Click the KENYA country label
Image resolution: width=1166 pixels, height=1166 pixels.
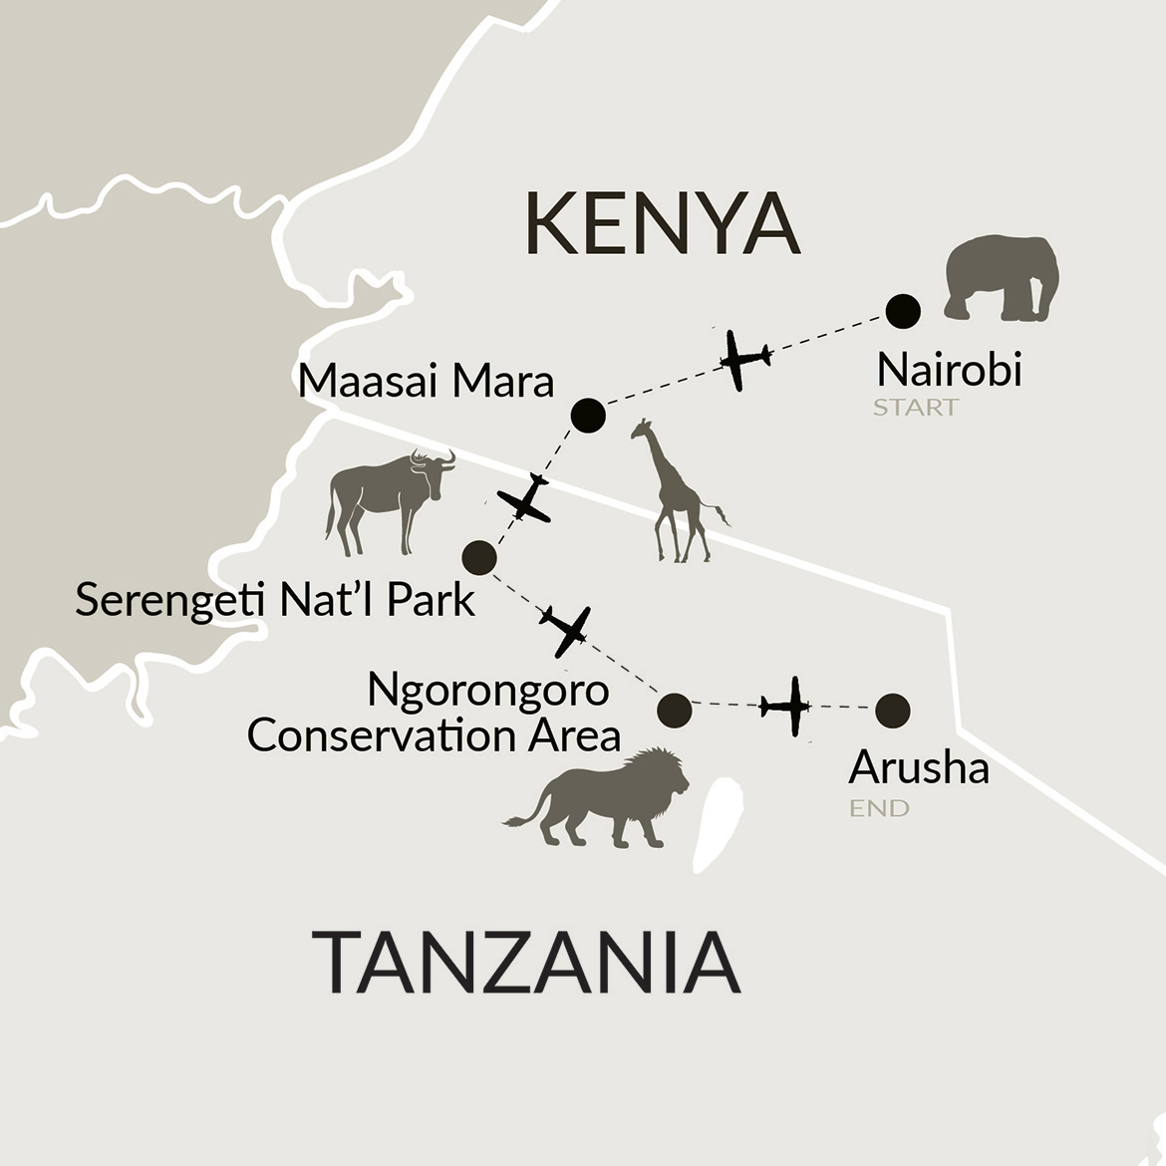(662, 225)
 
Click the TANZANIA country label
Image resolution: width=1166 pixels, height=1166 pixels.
(526, 963)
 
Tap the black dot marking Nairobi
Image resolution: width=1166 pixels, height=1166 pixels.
(903, 311)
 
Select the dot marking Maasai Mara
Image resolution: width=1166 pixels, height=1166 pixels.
(588, 415)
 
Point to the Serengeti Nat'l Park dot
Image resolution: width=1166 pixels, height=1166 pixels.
(479, 557)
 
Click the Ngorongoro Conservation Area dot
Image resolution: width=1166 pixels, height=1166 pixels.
(675, 710)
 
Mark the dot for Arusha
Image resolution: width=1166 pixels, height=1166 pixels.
(892, 711)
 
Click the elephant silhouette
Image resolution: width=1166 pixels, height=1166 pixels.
(1000, 279)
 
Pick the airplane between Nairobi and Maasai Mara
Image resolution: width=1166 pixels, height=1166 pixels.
(742, 359)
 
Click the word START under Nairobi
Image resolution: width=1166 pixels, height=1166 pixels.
(915, 408)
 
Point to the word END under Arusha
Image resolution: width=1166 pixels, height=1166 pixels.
(878, 808)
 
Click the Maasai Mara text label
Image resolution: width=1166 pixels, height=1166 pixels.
(426, 382)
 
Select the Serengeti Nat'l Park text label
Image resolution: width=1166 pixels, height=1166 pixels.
(275, 601)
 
